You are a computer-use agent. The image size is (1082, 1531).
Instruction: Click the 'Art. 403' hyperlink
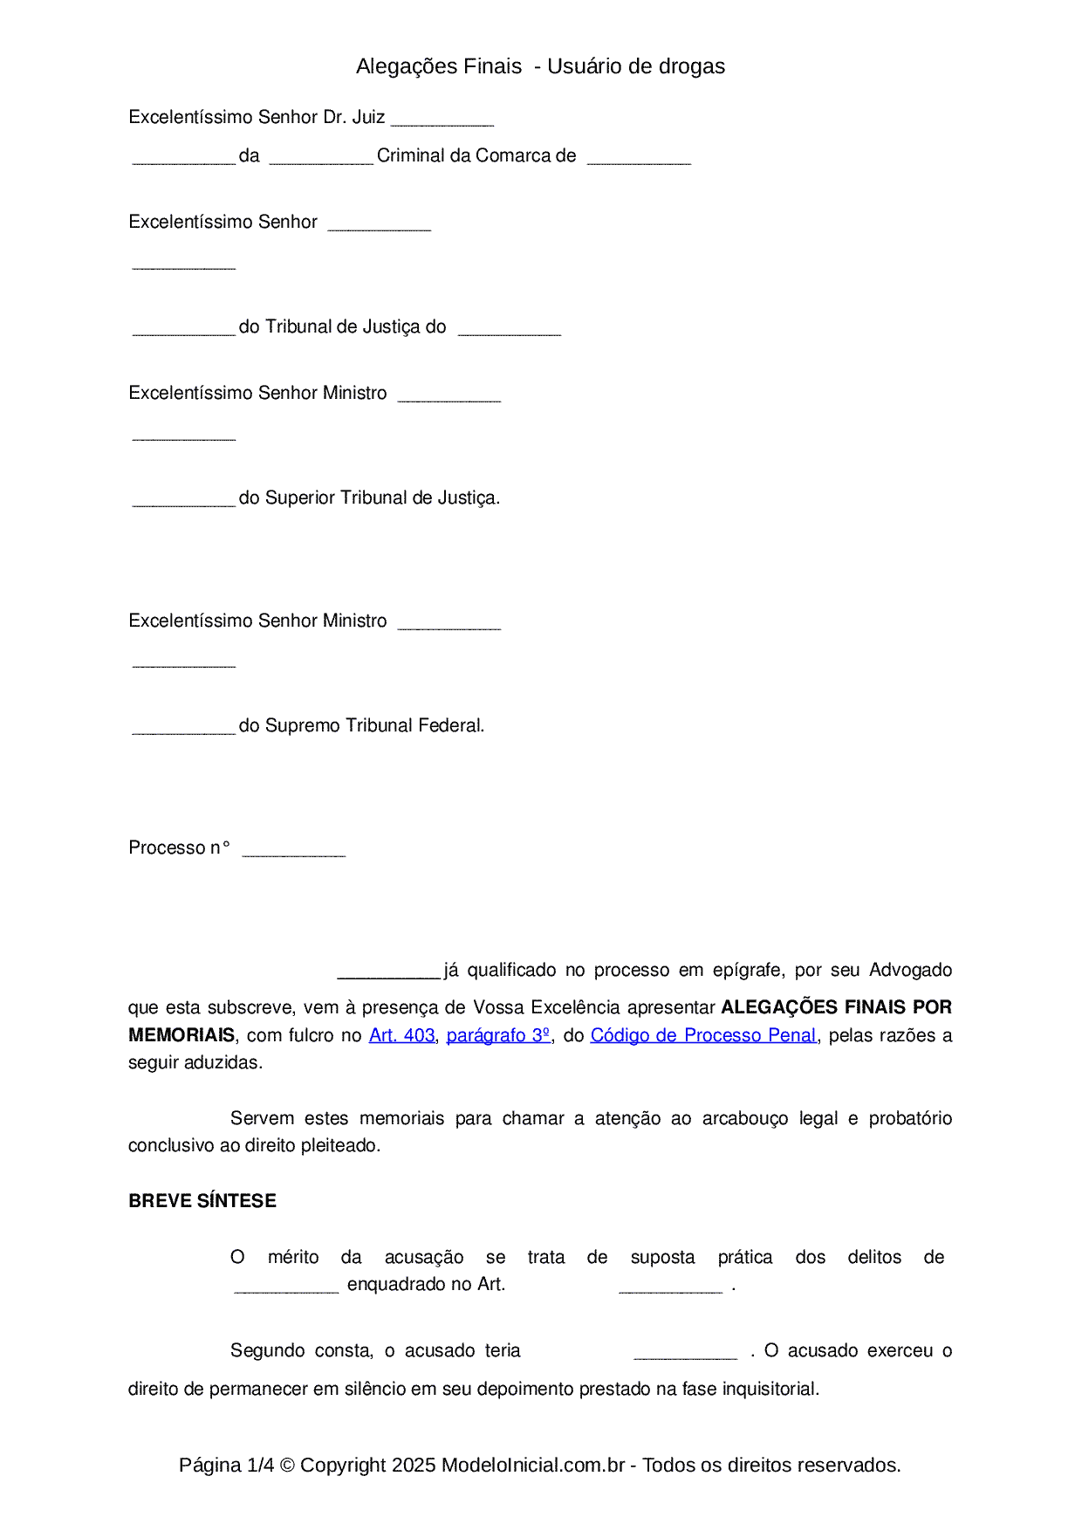(x=401, y=1035)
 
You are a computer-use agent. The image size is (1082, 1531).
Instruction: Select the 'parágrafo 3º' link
(x=498, y=1035)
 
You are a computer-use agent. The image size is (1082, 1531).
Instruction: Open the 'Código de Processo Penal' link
(x=703, y=1035)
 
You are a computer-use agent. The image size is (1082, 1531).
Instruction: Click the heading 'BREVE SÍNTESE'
(x=202, y=1201)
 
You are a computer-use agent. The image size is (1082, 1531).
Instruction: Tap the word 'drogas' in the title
(x=691, y=66)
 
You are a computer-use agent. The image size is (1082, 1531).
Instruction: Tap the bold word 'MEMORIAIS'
(x=181, y=1035)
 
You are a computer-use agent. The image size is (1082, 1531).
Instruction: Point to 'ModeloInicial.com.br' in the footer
(x=533, y=1465)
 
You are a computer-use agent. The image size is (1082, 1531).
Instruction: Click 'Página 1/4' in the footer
(x=227, y=1465)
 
